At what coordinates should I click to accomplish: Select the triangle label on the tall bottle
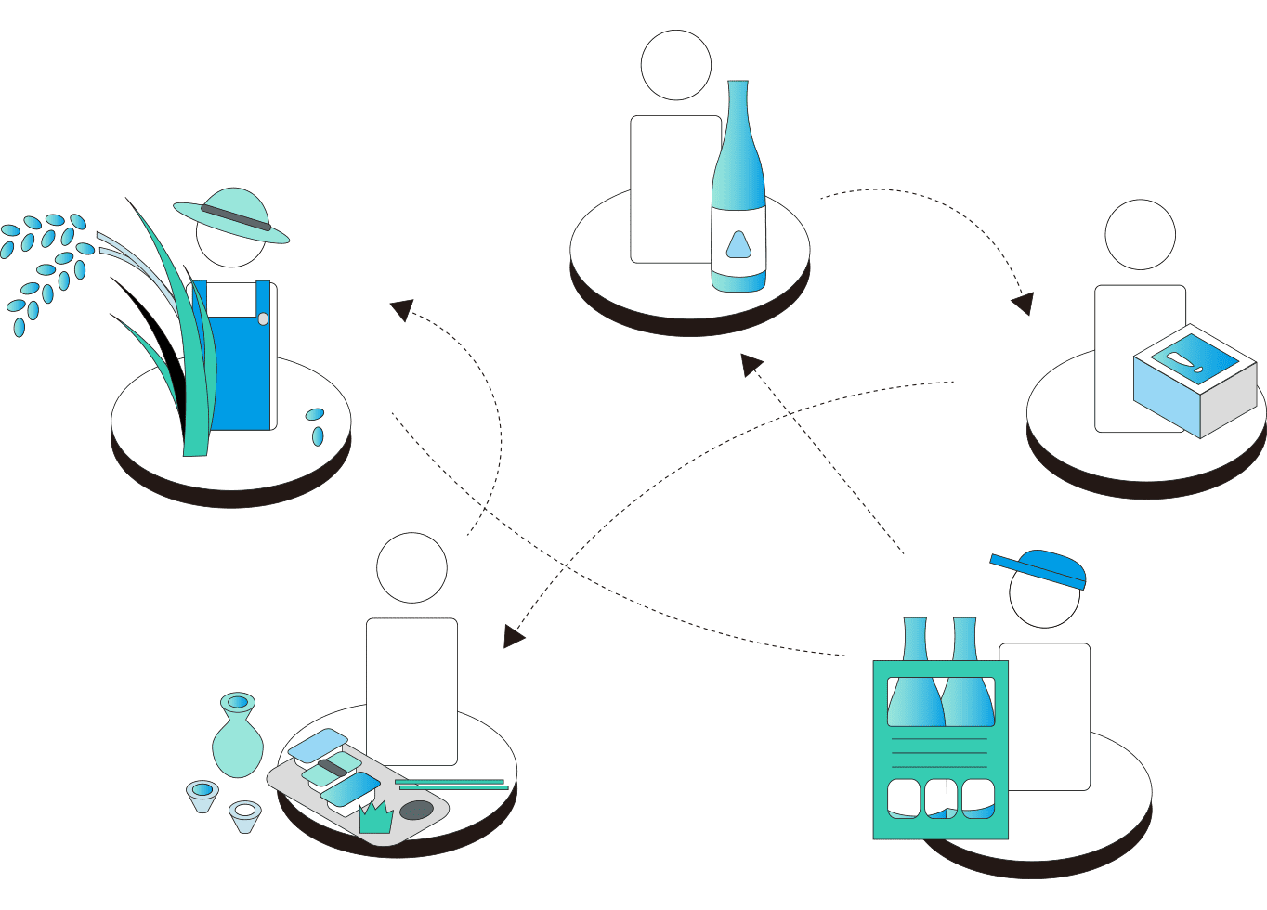[738, 244]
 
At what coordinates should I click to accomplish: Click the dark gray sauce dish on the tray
[415, 810]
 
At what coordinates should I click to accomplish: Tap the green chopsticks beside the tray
[451, 785]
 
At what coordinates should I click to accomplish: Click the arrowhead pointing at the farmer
[401, 309]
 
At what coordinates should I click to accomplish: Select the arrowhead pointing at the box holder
[1023, 304]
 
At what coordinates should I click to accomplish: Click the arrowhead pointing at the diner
[514, 636]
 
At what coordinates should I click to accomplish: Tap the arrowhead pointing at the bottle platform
[751, 363]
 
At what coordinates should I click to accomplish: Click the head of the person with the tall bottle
[676, 65]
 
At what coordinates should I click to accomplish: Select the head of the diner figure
[412, 567]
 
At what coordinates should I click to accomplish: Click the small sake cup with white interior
[245, 814]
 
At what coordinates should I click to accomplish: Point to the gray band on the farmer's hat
[236, 218]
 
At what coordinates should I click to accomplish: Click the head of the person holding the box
[1141, 235]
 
